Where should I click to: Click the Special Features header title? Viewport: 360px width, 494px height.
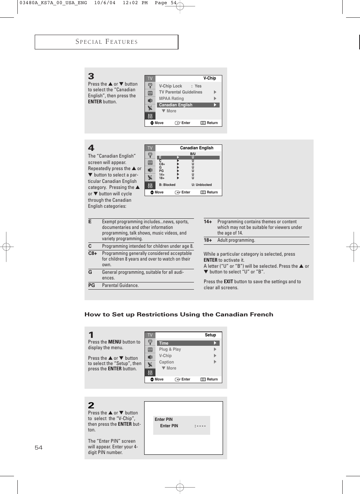pos(106,42)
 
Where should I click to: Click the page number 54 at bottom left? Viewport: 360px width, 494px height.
pos(38,448)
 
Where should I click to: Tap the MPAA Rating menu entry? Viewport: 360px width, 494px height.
pos(171,98)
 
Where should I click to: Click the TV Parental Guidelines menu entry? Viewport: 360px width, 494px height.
pos(180,92)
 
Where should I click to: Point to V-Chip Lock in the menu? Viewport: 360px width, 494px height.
pos(171,86)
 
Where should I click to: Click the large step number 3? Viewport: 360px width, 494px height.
pos(91,76)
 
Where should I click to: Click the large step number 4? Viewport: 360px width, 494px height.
pos(91,148)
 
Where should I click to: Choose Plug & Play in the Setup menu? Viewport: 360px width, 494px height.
pos(170,349)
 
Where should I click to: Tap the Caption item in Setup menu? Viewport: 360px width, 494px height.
pos(166,362)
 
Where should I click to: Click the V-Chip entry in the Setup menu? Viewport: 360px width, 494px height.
pos(165,356)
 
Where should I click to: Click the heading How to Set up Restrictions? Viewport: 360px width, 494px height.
pos(178,315)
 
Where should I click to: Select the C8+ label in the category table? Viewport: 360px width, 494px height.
pos(92,253)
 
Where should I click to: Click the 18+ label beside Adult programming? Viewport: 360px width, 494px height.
pos(208,240)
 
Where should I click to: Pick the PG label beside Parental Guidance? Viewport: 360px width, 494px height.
pos(92,285)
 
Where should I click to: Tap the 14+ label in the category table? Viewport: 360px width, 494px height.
pos(208,222)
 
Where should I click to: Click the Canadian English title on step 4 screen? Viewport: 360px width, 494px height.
pos(197,148)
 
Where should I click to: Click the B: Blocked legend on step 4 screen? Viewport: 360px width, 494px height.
pos(167,185)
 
